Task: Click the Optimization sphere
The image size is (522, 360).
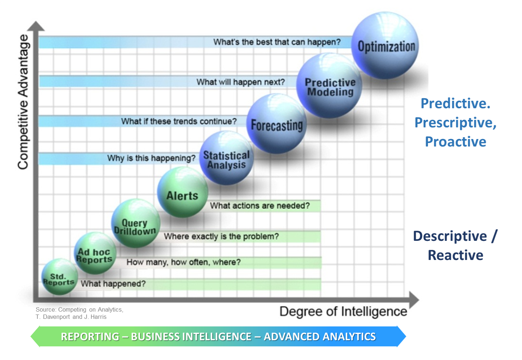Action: click(385, 45)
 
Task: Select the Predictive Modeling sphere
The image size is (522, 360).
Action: click(329, 86)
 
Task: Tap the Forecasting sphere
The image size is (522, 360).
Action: click(277, 123)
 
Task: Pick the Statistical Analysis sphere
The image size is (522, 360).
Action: click(226, 158)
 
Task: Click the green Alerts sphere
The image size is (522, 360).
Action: click(182, 192)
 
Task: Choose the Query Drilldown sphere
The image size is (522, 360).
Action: click(136, 224)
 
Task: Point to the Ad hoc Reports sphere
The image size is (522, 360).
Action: click(95, 253)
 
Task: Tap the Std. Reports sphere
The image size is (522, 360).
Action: click(60, 277)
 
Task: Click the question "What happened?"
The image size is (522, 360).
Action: click(113, 284)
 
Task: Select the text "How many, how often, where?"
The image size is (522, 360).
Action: click(183, 262)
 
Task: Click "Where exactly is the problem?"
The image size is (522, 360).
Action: click(221, 237)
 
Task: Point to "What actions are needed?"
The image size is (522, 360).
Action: click(260, 206)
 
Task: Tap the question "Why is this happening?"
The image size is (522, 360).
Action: click(151, 158)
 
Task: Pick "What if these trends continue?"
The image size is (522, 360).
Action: click(179, 121)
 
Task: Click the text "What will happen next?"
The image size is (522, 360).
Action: click(240, 82)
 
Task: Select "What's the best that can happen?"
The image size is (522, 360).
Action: click(277, 42)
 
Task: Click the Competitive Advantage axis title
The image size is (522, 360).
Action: click(23, 102)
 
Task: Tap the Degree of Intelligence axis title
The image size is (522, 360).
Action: click(343, 312)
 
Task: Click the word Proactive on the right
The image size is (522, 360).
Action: click(456, 141)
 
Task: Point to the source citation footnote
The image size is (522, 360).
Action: click(79, 313)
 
